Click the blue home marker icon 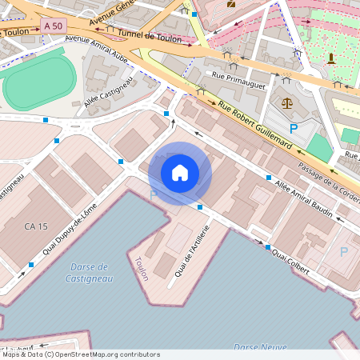click(x=180, y=172)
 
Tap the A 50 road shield click(x=53, y=26)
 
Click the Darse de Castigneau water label click(x=88, y=272)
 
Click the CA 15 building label click(x=37, y=227)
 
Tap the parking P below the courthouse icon click(x=293, y=128)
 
